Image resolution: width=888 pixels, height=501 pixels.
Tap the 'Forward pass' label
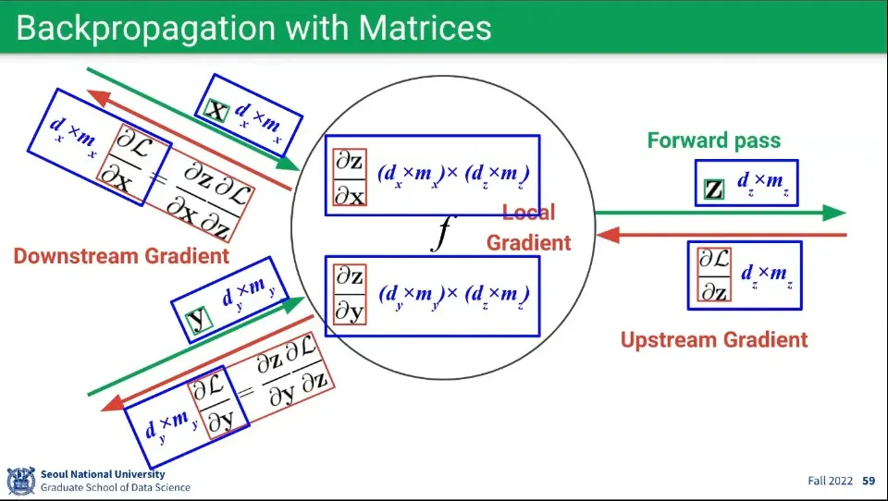tap(713, 141)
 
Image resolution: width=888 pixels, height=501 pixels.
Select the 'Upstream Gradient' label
tap(714, 339)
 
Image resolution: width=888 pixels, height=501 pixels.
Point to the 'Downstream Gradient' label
tap(121, 256)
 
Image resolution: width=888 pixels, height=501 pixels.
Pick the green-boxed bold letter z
tap(714, 189)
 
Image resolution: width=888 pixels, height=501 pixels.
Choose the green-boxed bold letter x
tap(216, 110)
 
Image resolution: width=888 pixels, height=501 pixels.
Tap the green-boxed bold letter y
tap(199, 321)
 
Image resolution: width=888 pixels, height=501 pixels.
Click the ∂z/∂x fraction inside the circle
tap(350, 177)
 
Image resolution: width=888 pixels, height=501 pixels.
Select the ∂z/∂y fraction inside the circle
tap(350, 294)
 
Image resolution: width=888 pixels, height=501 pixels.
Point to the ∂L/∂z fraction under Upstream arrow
tap(714, 275)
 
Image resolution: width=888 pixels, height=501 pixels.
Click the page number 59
tap(869, 481)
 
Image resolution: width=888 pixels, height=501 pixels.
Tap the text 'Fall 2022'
tap(831, 481)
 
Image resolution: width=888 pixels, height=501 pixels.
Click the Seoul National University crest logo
tap(21, 481)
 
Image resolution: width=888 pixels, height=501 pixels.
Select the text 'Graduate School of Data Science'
tap(116, 487)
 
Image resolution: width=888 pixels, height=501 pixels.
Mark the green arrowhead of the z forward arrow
tap(834, 213)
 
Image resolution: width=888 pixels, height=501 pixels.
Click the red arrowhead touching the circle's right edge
tap(607, 235)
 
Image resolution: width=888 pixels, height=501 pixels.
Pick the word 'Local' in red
tap(529, 213)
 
